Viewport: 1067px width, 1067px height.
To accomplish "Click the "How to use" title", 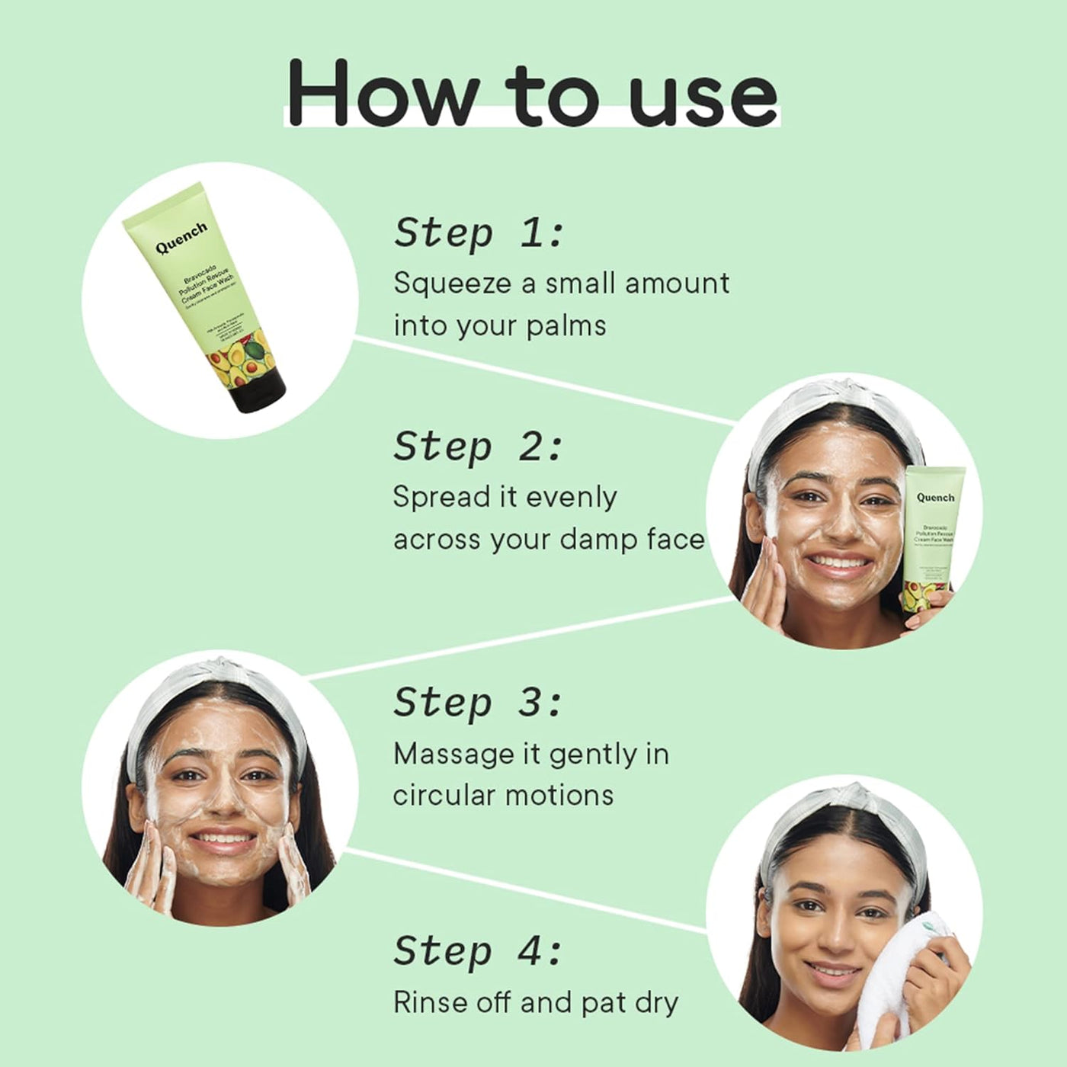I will (x=532, y=93).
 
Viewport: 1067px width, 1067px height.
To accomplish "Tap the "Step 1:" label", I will (x=478, y=232).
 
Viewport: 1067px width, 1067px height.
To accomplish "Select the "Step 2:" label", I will (x=478, y=447).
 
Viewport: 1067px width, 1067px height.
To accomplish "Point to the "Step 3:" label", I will (x=478, y=702).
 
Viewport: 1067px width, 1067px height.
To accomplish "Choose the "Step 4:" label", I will (x=478, y=951).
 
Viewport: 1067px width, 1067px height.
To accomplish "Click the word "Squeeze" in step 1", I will (x=452, y=284).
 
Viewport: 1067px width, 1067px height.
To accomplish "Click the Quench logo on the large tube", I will (x=181, y=237).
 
